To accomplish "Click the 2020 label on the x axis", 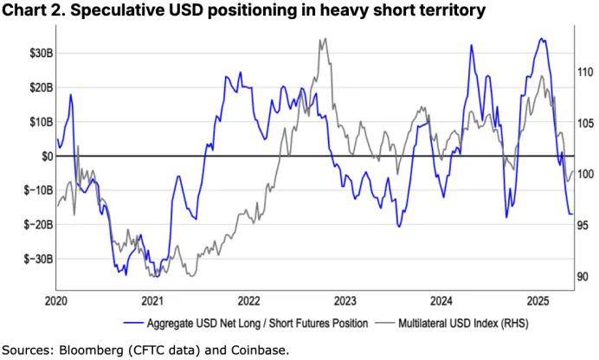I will click(56, 301).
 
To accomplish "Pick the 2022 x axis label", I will click(248, 301).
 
